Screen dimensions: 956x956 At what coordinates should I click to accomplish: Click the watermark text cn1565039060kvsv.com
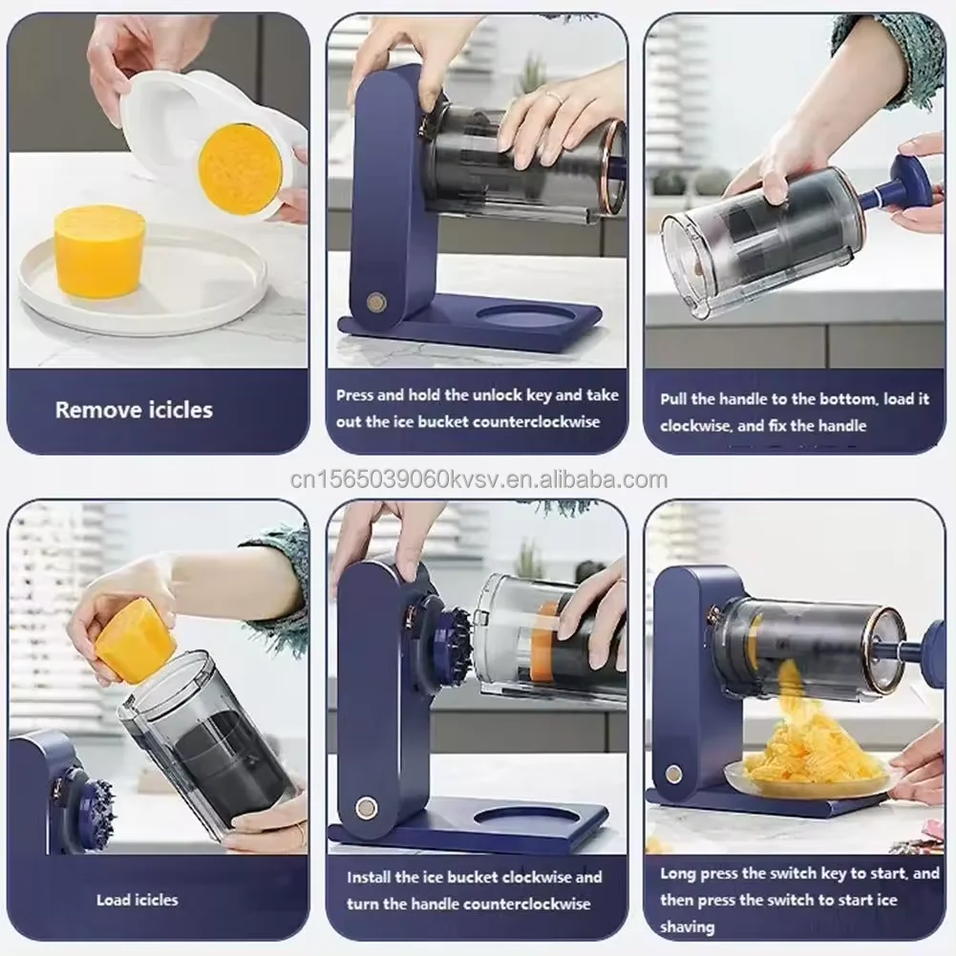click(x=478, y=479)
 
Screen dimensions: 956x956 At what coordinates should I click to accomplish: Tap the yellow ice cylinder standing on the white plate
click(x=98, y=249)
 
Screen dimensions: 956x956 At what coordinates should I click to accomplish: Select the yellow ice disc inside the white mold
click(x=240, y=168)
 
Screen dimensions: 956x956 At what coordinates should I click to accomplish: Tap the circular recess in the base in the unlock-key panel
click(x=524, y=316)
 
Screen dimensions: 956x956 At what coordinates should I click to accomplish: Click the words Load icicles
click(x=137, y=900)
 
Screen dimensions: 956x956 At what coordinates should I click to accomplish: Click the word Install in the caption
click(x=369, y=877)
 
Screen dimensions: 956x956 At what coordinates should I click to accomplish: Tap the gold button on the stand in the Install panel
click(x=367, y=807)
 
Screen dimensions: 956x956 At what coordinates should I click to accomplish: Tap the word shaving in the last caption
click(x=687, y=926)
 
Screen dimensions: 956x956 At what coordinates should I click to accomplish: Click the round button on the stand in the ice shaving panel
click(x=674, y=773)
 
